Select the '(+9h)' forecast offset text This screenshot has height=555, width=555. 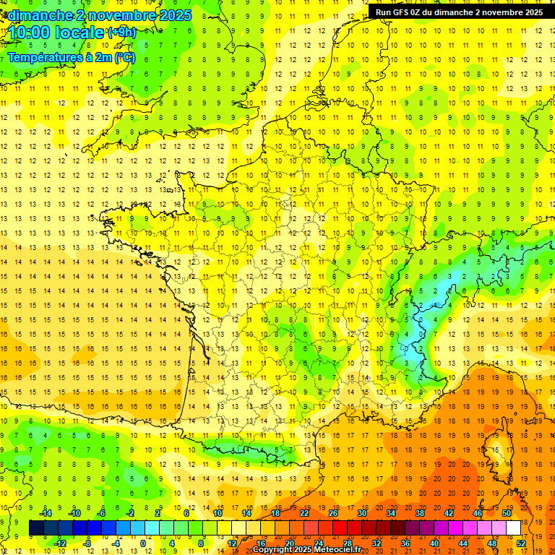pyautogui.click(x=121, y=33)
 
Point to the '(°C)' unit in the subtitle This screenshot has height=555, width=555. pyautogui.click(x=124, y=58)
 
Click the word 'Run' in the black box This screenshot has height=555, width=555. pyautogui.click(x=384, y=12)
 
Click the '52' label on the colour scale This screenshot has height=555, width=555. pyautogui.click(x=521, y=543)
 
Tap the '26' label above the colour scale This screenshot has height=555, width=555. pyautogui.click(x=333, y=513)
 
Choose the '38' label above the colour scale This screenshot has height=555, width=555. pyautogui.click(x=420, y=513)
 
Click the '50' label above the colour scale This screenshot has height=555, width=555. pyautogui.click(x=507, y=513)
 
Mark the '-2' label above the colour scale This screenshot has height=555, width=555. pyautogui.click(x=130, y=513)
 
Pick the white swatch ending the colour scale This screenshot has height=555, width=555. pyautogui.click(x=514, y=528)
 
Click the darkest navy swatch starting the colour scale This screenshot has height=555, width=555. pyautogui.click(x=36, y=528)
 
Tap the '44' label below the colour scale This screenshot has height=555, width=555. pyautogui.click(x=463, y=543)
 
